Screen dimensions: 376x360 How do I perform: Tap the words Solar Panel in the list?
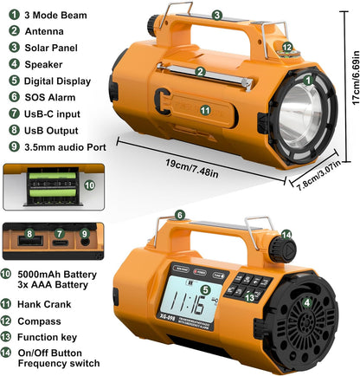(52, 49)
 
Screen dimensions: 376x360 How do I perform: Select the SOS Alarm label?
(50, 98)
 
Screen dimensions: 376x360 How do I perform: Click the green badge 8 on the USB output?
(29, 233)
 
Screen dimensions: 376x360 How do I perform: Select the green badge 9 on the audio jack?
(83, 233)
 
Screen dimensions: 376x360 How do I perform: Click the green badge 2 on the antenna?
(200, 72)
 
